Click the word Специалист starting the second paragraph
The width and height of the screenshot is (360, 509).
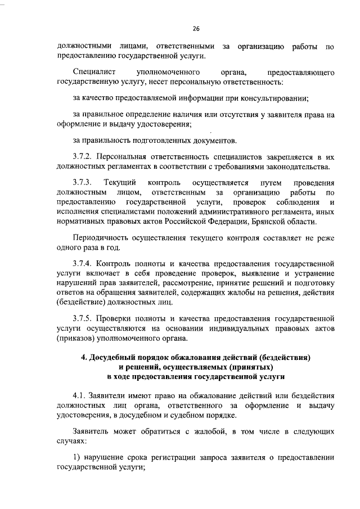pos(92,73)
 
